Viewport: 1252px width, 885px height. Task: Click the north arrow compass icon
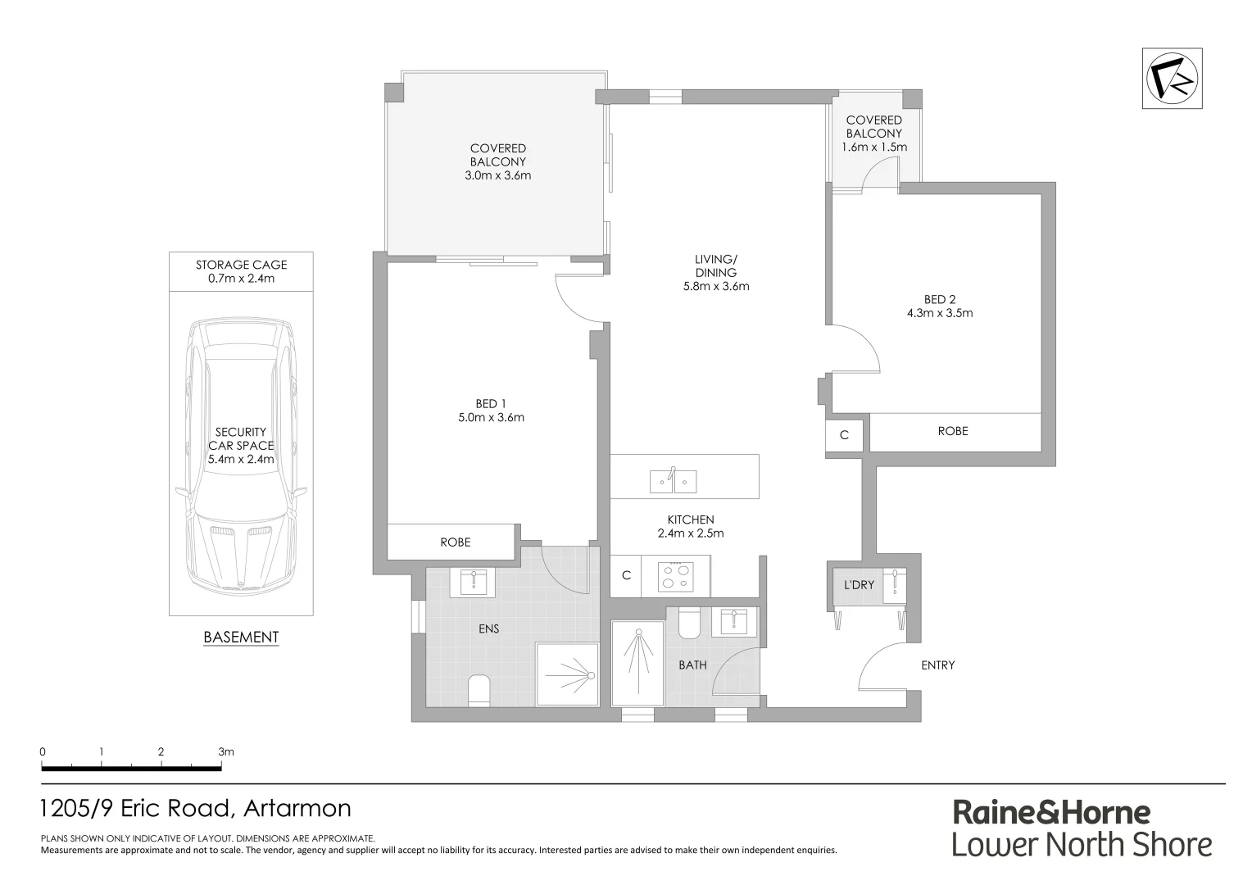coord(1173,78)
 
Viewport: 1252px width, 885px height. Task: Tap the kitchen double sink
coord(673,481)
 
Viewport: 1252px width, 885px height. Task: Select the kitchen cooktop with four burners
coord(677,576)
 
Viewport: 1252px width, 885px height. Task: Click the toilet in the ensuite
coord(478,690)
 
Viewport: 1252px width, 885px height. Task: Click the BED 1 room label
coord(491,403)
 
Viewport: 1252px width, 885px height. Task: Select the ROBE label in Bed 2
coord(952,431)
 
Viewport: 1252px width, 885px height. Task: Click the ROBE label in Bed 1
coord(455,542)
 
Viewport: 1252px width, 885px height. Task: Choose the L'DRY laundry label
coord(859,585)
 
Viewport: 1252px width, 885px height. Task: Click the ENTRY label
coord(937,665)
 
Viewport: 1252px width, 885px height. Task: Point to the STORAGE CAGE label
coord(241,265)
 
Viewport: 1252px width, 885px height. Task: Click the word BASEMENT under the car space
coord(241,637)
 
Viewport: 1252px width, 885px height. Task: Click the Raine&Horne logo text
coord(1051,813)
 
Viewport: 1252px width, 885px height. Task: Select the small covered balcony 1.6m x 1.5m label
coord(873,134)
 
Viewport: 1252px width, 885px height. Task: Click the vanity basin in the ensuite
coord(473,583)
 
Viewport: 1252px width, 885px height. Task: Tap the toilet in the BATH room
coord(688,624)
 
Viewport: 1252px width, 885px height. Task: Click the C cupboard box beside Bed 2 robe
coord(844,436)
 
